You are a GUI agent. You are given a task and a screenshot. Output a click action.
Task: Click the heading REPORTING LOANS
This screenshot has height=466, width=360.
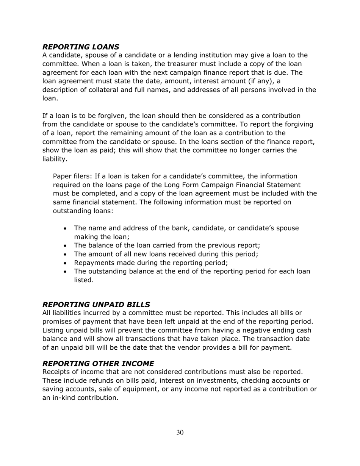click(81, 47)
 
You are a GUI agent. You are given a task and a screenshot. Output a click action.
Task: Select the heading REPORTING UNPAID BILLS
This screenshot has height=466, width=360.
click(96, 304)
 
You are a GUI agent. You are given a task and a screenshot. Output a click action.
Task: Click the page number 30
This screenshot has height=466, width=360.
click(180, 433)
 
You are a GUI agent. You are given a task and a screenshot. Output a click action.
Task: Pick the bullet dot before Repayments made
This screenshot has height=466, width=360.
click(66, 263)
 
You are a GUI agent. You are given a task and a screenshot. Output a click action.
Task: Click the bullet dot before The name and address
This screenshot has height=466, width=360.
click(66, 228)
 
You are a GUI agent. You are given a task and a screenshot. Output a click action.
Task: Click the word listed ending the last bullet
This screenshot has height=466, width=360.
click(83, 280)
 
